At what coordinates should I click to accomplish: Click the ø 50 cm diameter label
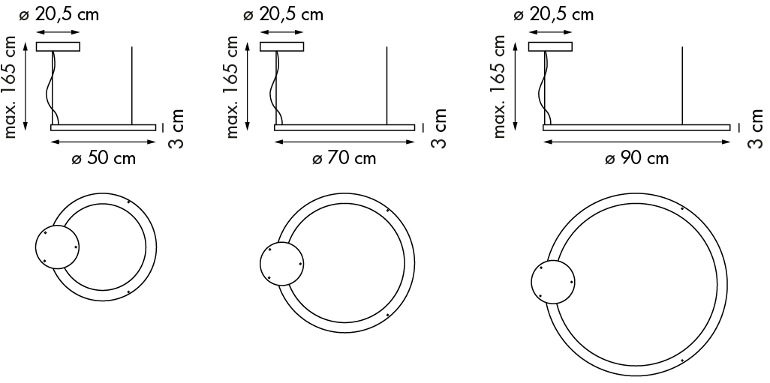(103, 159)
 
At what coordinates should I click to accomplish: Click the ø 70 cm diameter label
(344, 159)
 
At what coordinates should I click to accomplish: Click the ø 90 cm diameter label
(636, 159)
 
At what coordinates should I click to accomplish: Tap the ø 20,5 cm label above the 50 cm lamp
(59, 15)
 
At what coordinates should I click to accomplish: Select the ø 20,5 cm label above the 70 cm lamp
(284, 15)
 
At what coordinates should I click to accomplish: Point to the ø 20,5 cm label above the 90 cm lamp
(553, 15)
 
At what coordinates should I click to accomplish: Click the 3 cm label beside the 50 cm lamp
(176, 128)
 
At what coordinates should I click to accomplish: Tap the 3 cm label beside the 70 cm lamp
(438, 128)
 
